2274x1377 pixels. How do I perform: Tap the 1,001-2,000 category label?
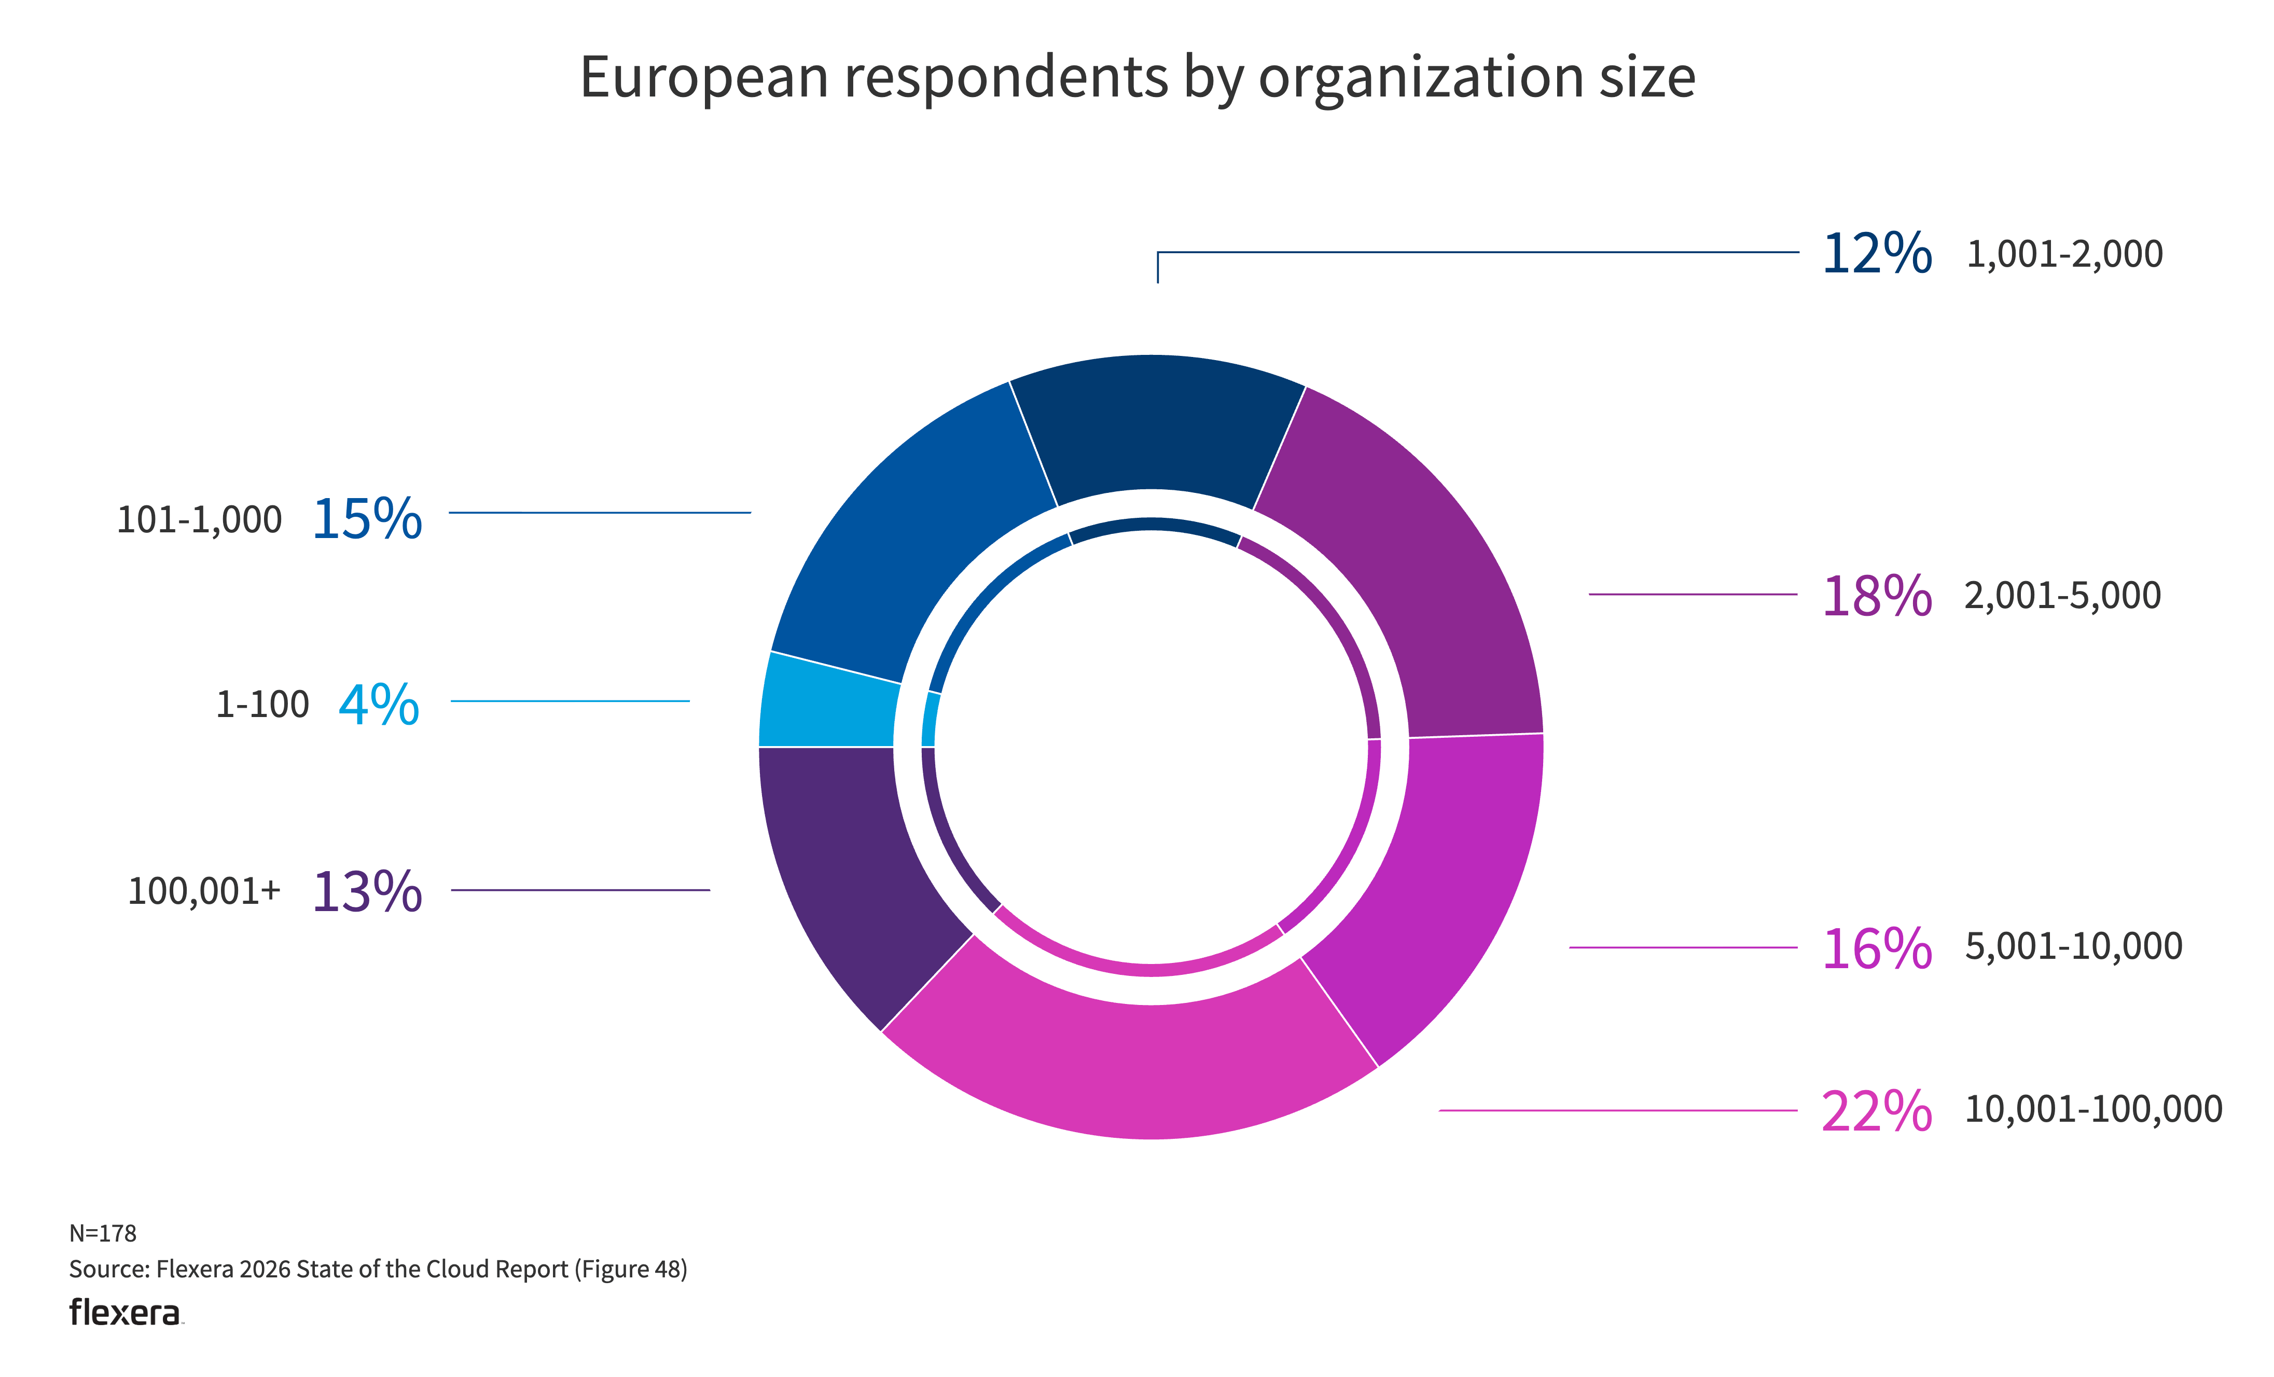click(2064, 254)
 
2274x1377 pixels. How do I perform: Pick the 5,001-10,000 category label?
click(2073, 946)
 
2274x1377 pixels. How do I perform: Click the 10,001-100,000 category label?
click(2093, 1108)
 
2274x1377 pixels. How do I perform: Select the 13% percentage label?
click(367, 891)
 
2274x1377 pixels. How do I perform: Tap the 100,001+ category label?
click(204, 891)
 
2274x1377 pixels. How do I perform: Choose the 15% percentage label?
click(367, 519)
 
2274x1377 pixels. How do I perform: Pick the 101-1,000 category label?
click(199, 519)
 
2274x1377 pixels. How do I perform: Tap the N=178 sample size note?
click(102, 1233)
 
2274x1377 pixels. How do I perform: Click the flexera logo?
click(126, 1312)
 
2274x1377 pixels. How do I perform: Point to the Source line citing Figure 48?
click(378, 1269)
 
